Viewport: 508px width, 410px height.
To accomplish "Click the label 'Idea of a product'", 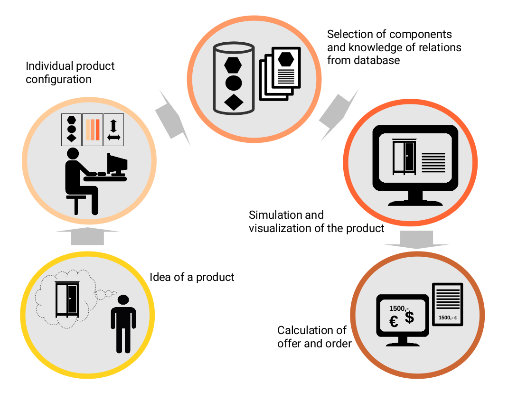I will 192,277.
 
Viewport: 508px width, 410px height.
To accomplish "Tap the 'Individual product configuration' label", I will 70,72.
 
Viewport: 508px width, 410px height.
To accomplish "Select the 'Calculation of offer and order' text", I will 314,336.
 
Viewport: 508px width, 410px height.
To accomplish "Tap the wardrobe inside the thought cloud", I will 67,299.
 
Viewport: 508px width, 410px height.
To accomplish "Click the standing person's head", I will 123,300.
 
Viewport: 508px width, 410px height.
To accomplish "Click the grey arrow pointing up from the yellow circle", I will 87,236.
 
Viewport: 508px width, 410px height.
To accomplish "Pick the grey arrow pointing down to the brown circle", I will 417,239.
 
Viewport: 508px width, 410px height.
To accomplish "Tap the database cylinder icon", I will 234,79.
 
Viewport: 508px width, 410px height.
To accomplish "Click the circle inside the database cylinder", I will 234,83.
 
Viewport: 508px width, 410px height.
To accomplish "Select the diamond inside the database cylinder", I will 234,102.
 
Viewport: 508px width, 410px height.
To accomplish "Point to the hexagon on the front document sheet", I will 286,59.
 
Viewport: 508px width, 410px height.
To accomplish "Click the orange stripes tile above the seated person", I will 93,130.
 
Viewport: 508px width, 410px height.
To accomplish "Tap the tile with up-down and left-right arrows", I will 113,130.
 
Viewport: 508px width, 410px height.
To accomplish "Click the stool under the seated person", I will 76,203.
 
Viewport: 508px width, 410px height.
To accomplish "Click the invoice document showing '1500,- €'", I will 447,305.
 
